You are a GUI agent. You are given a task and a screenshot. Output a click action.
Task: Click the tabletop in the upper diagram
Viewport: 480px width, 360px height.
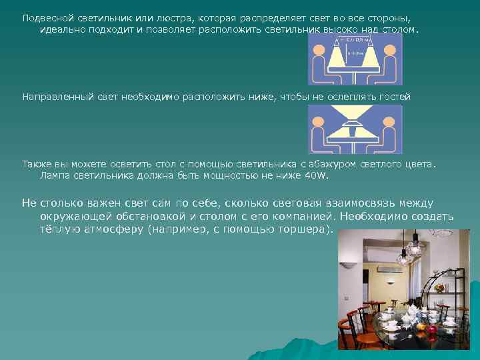[x=355, y=69]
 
